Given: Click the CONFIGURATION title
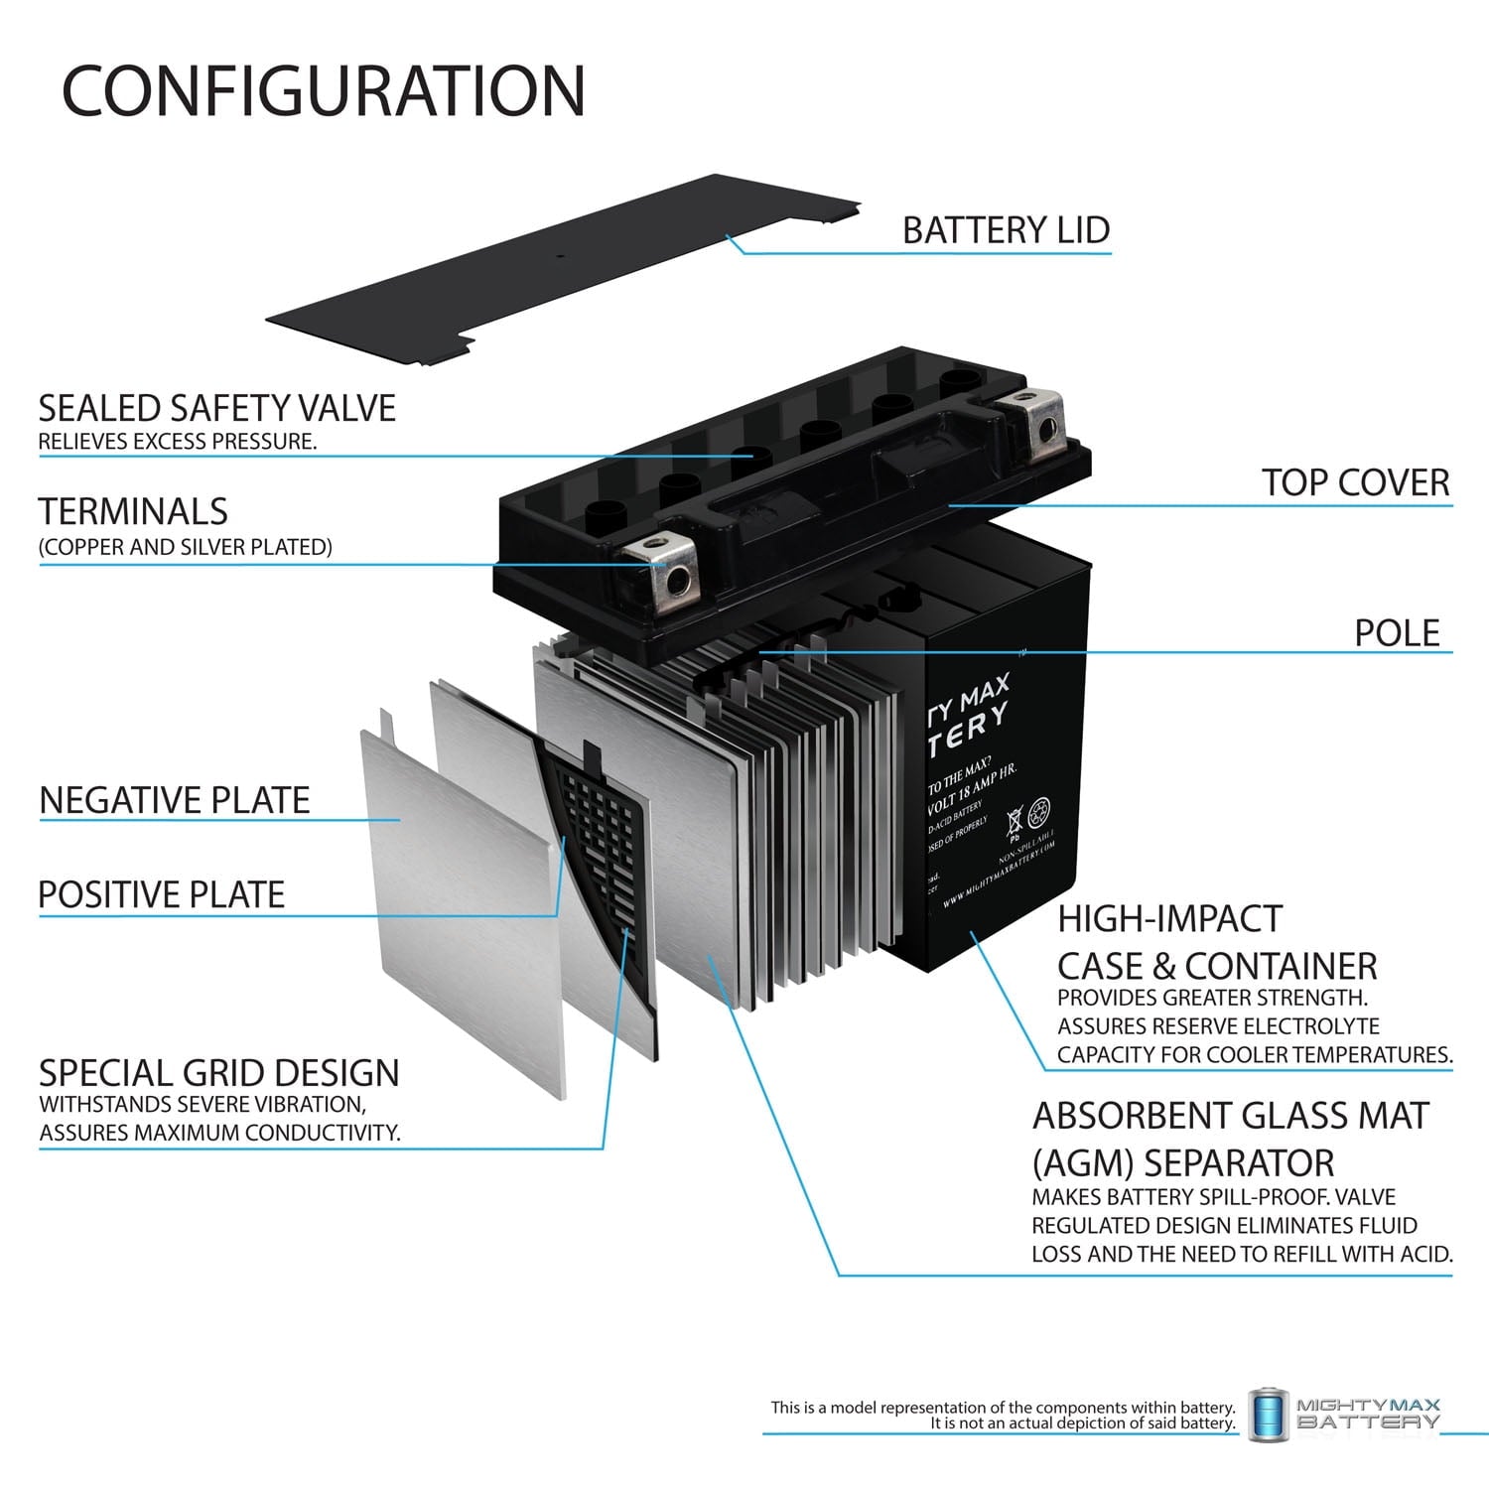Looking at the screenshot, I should point(324,90).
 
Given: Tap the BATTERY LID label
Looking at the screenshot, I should point(1005,230).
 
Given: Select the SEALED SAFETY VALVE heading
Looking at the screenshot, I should point(216,408).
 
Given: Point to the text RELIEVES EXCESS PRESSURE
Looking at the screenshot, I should point(178,442).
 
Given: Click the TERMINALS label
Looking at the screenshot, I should point(133,511).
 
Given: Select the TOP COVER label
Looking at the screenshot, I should point(1355,482).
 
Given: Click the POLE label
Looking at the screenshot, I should point(1396,632).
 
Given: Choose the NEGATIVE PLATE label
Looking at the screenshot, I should point(175,800).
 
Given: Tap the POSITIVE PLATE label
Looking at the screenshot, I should point(162,894).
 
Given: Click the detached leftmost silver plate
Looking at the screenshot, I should point(457,893).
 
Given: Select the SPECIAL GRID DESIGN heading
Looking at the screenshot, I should point(218,1073).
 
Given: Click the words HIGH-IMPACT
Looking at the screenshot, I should point(1169,919).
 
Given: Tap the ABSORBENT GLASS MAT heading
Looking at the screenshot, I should point(1229,1116).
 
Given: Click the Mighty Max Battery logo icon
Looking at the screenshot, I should point(1268,1414).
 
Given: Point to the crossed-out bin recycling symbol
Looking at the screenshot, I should point(1015,821).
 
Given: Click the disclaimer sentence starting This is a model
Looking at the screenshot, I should point(1003,1408).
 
